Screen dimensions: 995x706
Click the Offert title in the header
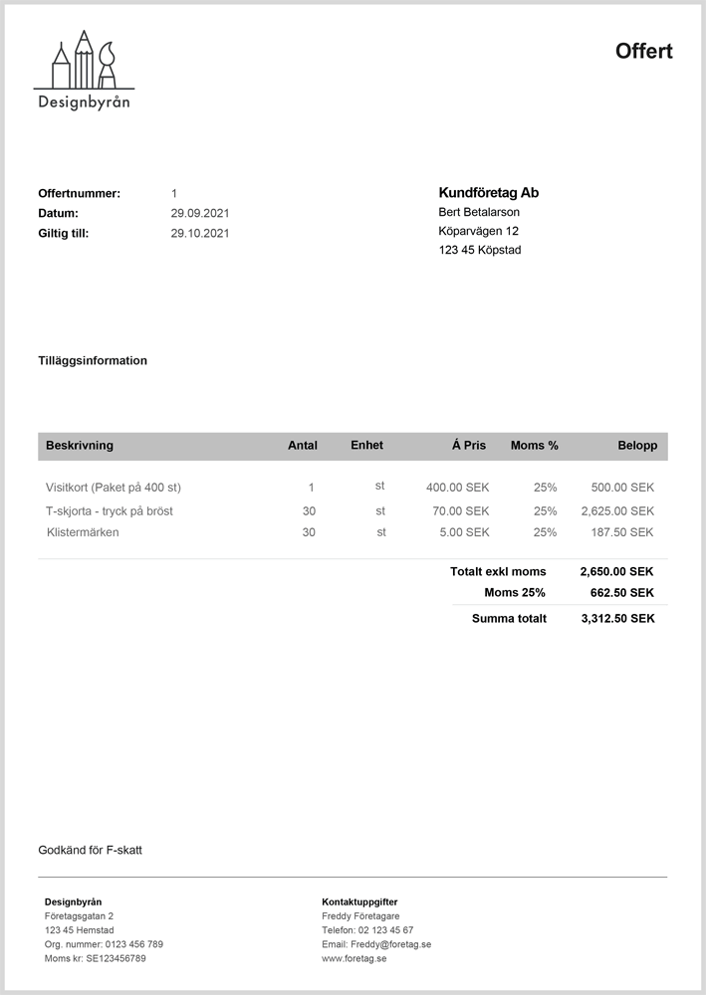[643, 52]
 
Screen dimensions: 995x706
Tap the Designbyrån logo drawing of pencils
[85, 62]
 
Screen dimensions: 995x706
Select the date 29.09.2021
[200, 213]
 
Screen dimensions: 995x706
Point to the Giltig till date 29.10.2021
[200, 234]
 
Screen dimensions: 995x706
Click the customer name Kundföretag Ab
[488, 193]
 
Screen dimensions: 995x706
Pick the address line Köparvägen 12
[478, 231]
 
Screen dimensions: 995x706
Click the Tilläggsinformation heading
[93, 361]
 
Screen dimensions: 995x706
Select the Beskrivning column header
[80, 446]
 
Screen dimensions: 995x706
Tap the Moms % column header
[534, 446]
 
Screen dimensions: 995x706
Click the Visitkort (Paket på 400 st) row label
[114, 488]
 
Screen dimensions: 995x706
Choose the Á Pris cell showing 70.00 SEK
[460, 510]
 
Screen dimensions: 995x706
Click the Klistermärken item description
[83, 532]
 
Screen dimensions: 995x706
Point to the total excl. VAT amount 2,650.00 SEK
[617, 572]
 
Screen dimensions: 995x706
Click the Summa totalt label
[509, 619]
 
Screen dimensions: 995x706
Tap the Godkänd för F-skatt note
[90, 851]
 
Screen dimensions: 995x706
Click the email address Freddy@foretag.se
[390, 944]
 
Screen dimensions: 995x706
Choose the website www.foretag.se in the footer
[353, 958]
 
